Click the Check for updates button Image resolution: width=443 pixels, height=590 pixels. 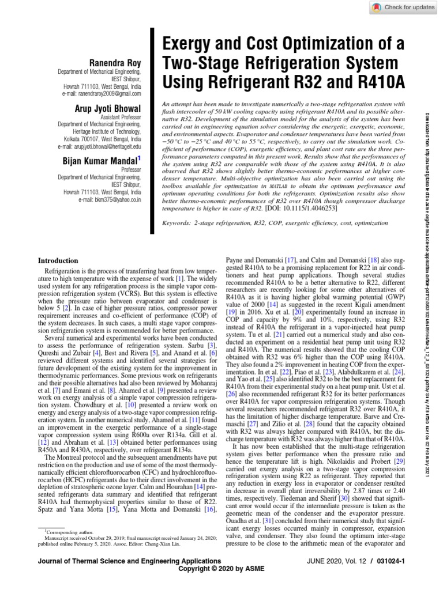pyautogui.click(x=402, y=7)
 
